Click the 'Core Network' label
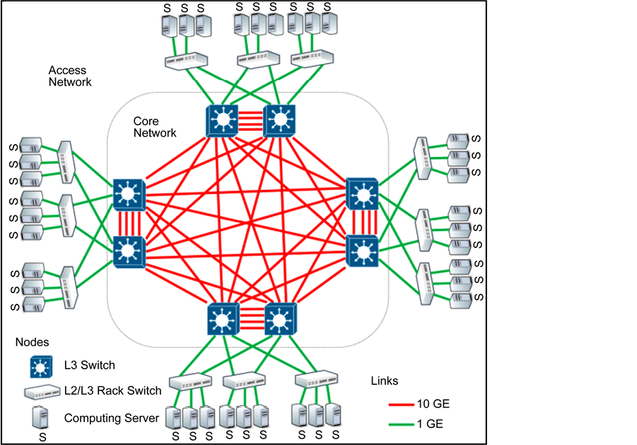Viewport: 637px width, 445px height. click(155, 127)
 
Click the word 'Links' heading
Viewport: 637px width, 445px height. click(385, 381)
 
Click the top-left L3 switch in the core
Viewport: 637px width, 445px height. click(223, 121)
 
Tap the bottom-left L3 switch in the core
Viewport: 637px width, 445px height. click(223, 319)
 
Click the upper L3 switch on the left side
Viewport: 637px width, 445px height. click(129, 194)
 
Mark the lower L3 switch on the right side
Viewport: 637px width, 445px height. click(363, 251)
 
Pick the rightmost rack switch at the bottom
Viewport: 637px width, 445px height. click(315, 380)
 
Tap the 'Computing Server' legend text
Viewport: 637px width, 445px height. click(112, 418)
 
